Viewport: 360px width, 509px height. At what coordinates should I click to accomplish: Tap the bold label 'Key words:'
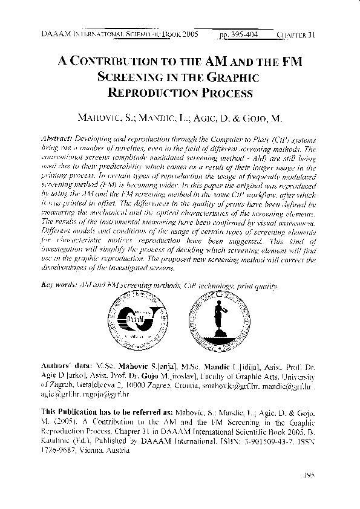pyautogui.click(x=59, y=284)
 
